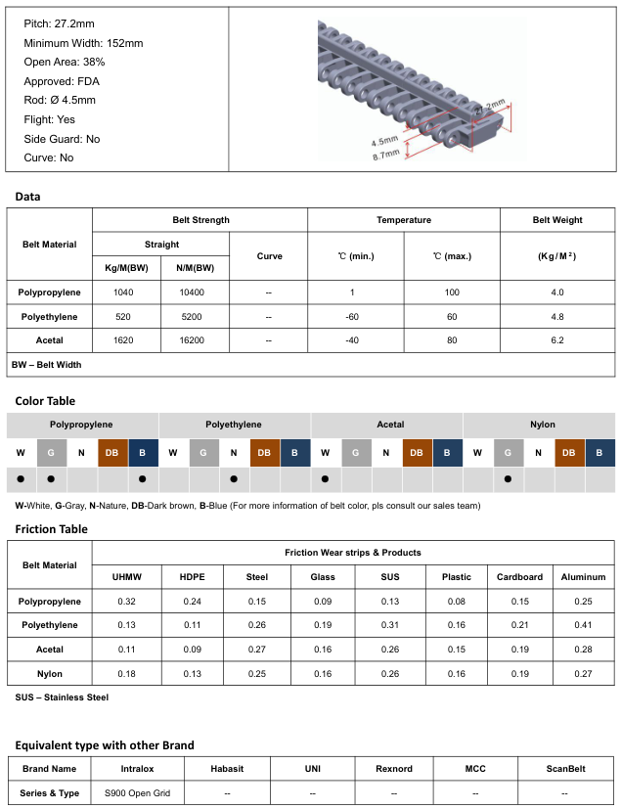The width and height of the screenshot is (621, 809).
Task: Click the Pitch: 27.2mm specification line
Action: point(60,23)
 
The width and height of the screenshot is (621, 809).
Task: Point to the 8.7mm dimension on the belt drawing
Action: point(385,155)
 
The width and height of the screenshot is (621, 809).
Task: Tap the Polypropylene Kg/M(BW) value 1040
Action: point(123,292)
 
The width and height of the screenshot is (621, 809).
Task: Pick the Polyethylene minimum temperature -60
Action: point(355,316)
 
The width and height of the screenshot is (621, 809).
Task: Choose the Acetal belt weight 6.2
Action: point(557,339)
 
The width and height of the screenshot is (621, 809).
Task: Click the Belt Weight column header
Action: point(557,220)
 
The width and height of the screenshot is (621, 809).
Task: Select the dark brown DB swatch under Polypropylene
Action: point(112,453)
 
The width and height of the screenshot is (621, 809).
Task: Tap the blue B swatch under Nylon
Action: point(600,453)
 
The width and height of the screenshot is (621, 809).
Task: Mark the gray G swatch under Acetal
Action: point(356,453)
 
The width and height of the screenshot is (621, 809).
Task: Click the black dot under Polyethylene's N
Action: point(234,479)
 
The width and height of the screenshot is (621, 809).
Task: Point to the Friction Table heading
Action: point(52,529)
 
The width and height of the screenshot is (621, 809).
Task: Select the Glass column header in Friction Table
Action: point(323,577)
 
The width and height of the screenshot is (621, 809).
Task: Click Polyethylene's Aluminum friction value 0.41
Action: point(583,625)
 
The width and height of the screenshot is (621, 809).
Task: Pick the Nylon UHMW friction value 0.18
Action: point(126,673)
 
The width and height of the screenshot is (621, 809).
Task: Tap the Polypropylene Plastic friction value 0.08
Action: point(456,602)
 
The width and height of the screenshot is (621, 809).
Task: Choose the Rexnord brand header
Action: point(393,769)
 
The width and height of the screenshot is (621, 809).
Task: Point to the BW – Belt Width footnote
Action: point(47,364)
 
